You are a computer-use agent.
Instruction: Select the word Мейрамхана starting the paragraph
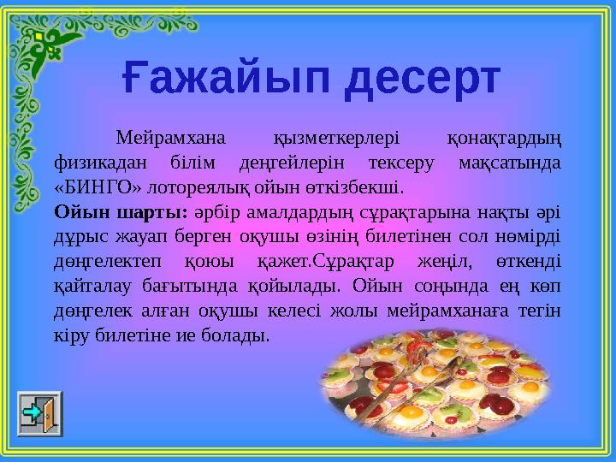click(171, 138)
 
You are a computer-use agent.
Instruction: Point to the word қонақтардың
click(506, 138)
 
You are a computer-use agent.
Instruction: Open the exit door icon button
click(40, 414)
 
